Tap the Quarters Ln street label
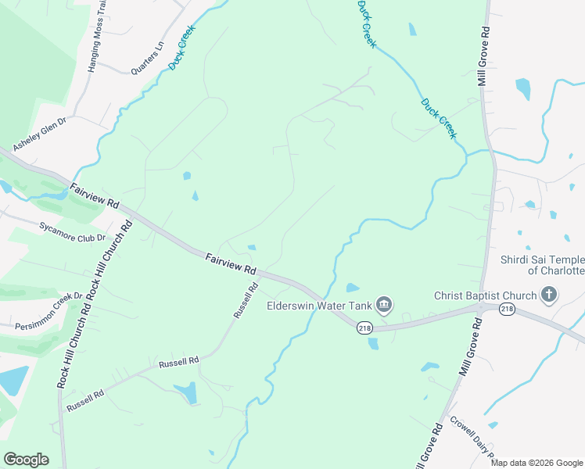click(x=147, y=58)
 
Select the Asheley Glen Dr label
click(x=40, y=134)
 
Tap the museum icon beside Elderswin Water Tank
click(x=383, y=303)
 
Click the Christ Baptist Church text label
click(x=486, y=295)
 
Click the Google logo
click(x=26, y=460)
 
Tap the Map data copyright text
click(x=537, y=463)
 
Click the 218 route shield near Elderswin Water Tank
click(x=365, y=328)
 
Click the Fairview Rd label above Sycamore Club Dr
click(x=94, y=196)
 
